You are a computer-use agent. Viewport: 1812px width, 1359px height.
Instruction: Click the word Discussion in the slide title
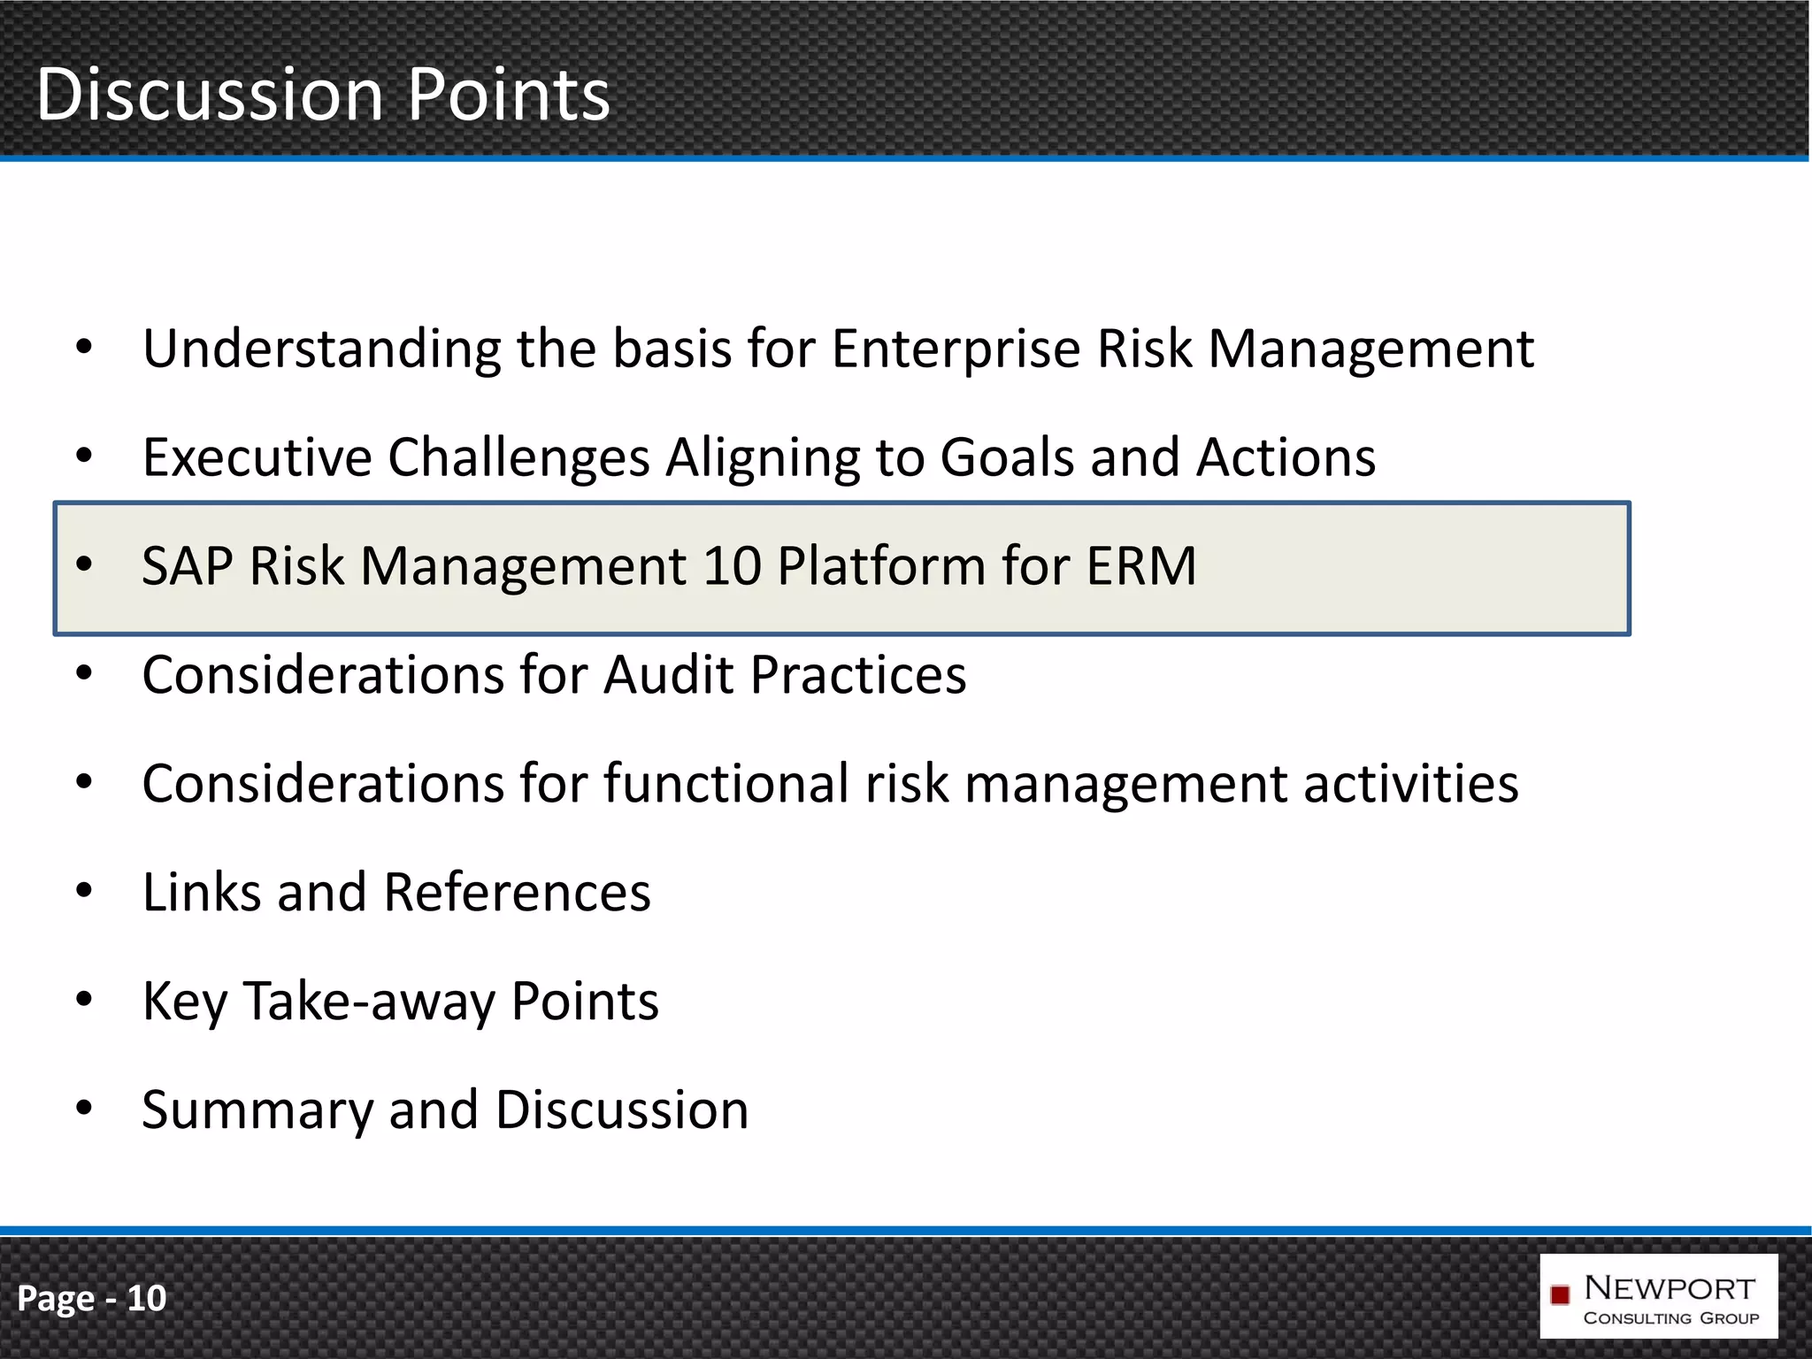pos(210,95)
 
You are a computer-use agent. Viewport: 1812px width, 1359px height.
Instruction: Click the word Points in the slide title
pos(509,95)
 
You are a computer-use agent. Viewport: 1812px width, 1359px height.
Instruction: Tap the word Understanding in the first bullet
pos(322,349)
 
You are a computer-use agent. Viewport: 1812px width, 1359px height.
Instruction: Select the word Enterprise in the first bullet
pos(956,349)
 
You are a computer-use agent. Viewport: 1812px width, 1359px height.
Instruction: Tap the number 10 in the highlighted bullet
pos(733,566)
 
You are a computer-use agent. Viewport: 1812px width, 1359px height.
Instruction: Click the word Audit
pos(668,676)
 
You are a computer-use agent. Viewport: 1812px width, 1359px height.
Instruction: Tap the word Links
pos(202,893)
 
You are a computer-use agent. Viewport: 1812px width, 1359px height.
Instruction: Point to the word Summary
pos(257,1111)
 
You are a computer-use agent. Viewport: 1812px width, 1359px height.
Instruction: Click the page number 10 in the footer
pos(147,1298)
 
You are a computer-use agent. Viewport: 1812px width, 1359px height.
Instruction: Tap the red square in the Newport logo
pos(1561,1295)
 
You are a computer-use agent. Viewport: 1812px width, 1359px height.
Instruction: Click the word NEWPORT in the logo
pos(1670,1288)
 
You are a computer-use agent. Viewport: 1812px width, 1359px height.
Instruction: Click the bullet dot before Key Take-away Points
pos(84,1000)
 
